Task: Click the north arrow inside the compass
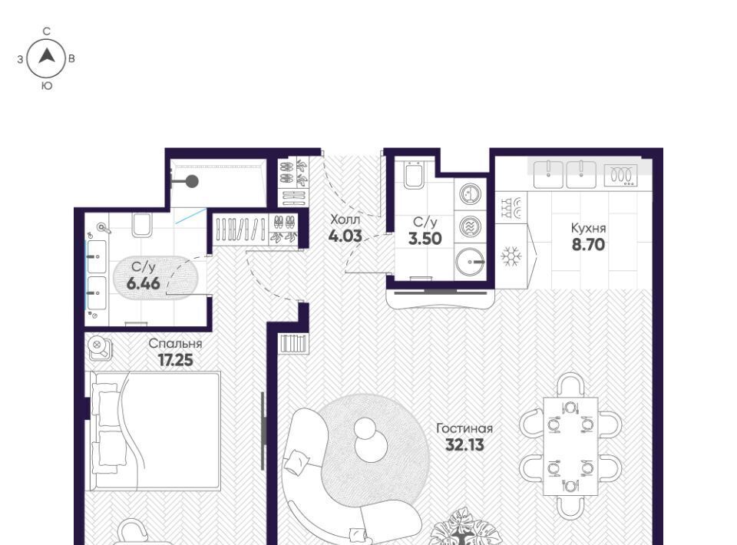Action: coord(47,56)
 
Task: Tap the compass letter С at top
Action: coord(47,31)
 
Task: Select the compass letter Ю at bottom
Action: coord(47,86)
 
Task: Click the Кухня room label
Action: coord(588,228)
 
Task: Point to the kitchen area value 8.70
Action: coord(588,245)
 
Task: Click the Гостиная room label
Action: coord(464,428)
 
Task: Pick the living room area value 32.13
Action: coord(464,444)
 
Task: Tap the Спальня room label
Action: coord(175,343)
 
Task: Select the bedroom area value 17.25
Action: coord(175,360)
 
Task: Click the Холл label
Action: coord(345,220)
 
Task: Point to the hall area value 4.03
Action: coord(345,236)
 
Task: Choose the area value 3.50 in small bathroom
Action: coord(425,239)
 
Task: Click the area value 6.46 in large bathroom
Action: coord(144,283)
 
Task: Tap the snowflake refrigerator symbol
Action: coord(511,256)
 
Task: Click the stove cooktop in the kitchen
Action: coord(620,176)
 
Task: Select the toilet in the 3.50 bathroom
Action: coord(414,175)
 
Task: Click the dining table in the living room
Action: coord(570,446)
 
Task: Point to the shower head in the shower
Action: coord(192,181)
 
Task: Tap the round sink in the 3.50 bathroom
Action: coord(469,261)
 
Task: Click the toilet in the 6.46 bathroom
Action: coord(141,225)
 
